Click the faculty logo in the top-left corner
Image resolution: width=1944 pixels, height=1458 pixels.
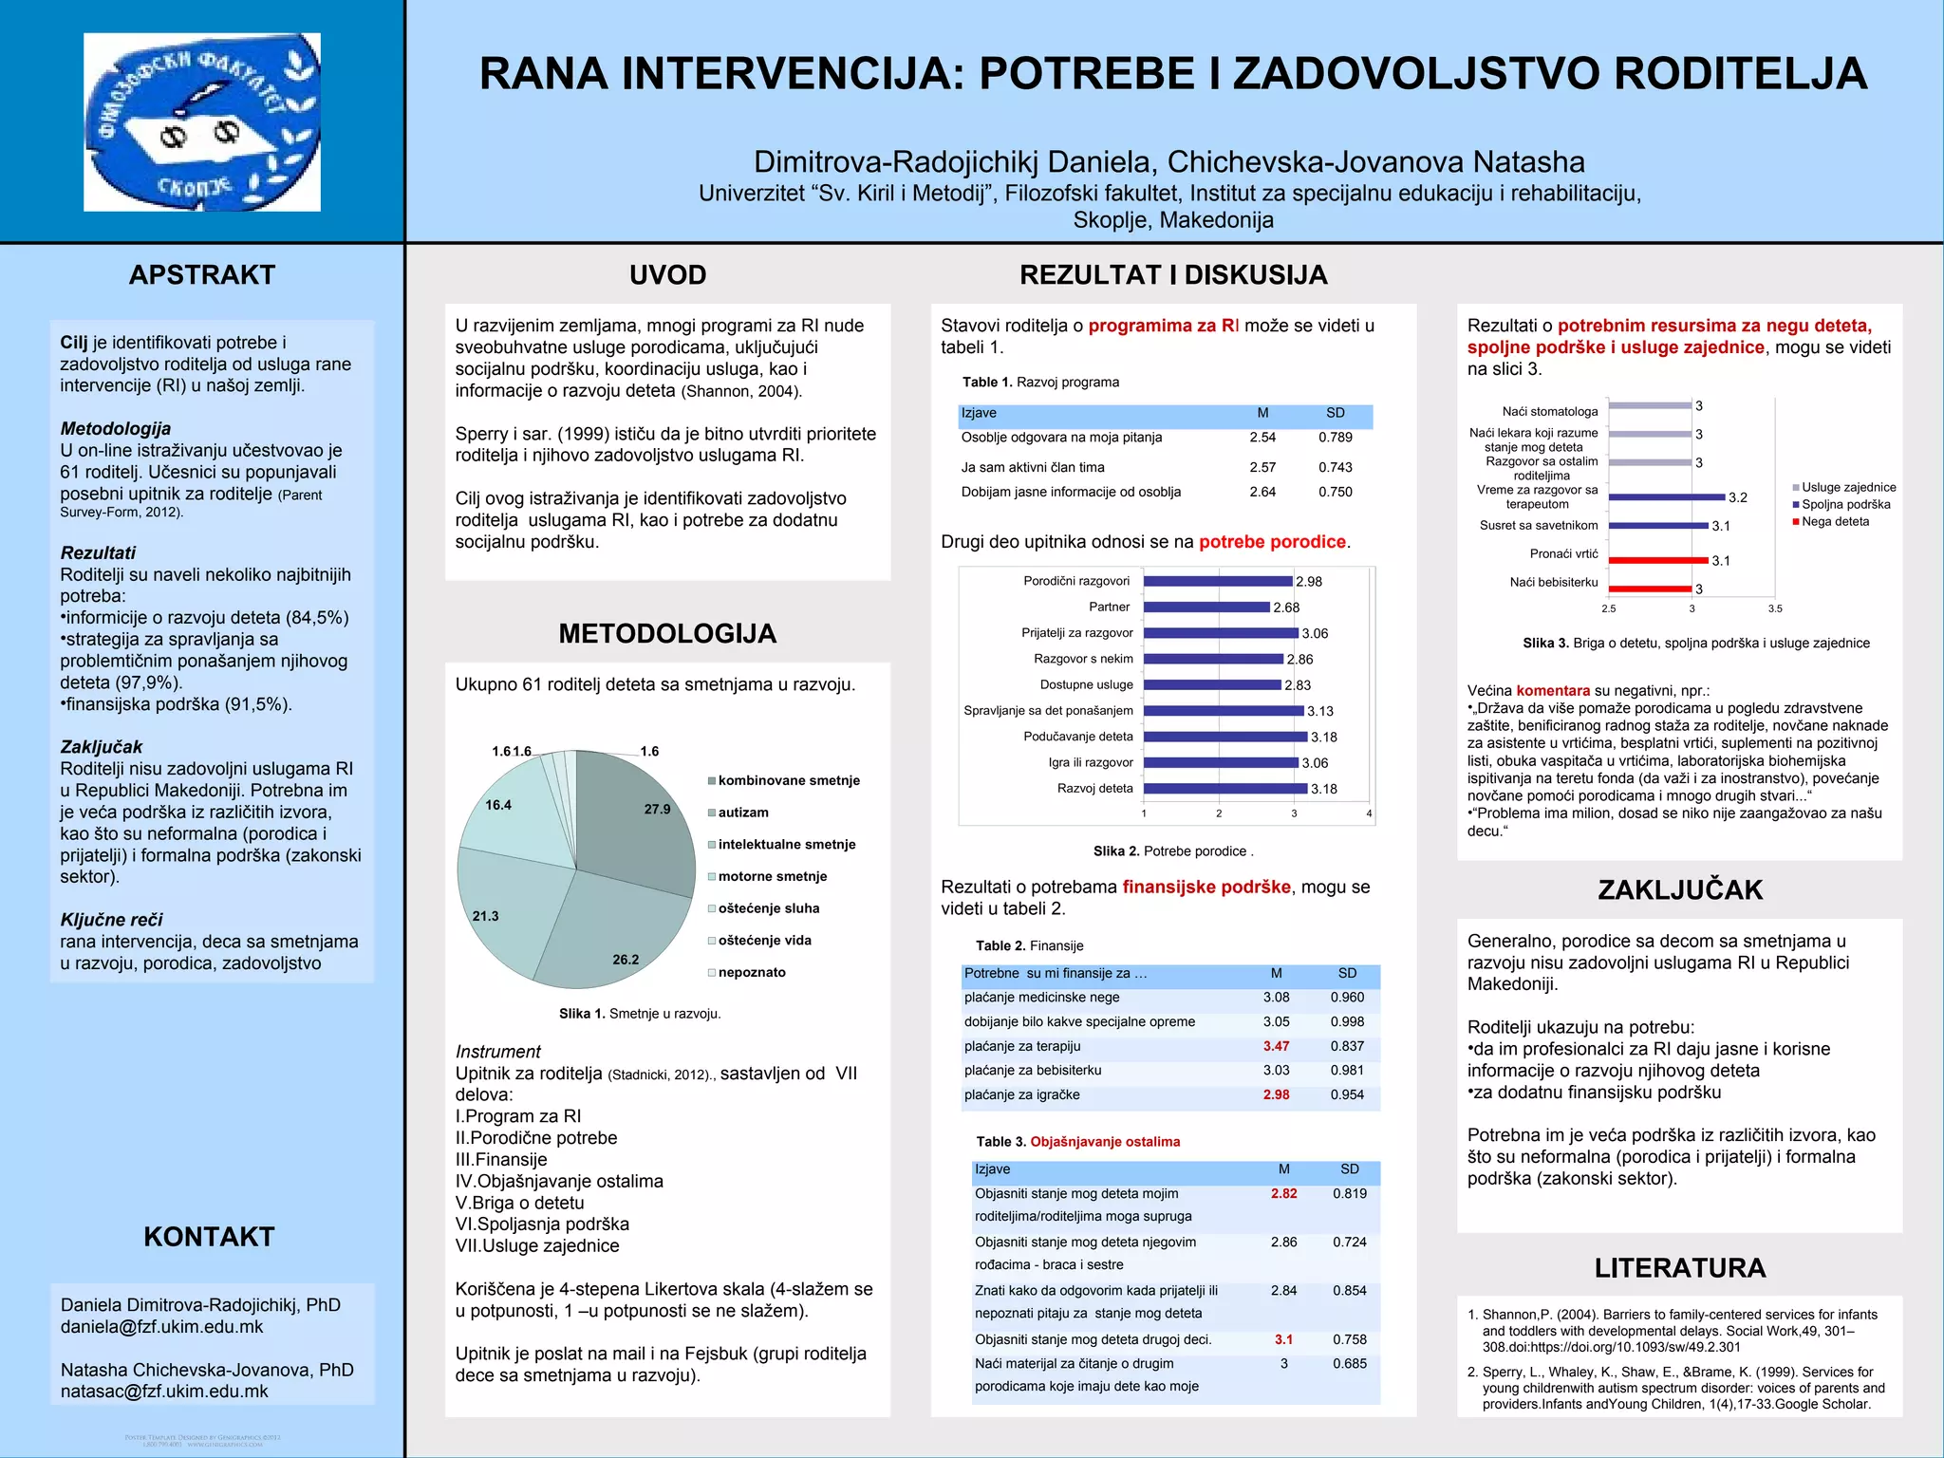pos(202,121)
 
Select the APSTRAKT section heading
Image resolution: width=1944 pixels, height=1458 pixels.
pos(201,275)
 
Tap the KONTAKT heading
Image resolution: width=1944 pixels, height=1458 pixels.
pos(209,1237)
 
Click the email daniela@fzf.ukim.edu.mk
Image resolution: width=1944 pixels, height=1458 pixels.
pos(161,1327)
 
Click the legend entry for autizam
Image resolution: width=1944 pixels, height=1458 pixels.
pos(742,813)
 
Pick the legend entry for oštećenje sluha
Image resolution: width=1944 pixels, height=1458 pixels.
pos(768,908)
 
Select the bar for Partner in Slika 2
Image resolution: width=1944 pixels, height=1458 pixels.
pos(1206,607)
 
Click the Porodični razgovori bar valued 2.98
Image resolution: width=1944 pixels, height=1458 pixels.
pos(1218,581)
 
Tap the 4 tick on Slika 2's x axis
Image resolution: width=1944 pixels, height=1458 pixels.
pos(1369,813)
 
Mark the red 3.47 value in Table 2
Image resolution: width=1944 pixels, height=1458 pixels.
pos(1276,1046)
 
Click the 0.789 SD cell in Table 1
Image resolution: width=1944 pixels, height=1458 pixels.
pos(1335,438)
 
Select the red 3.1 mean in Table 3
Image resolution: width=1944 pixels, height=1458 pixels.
pos(1283,1339)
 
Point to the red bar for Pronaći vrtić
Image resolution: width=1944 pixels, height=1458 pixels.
pos(1657,560)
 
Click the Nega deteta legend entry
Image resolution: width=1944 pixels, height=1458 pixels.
pos(1835,521)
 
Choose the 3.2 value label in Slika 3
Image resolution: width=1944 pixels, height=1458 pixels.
pos(1737,497)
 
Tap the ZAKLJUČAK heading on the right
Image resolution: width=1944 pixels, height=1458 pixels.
pos(1680,890)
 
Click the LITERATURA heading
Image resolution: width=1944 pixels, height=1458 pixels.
pos(1680,1268)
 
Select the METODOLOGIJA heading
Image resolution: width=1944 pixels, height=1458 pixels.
pos(667,634)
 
